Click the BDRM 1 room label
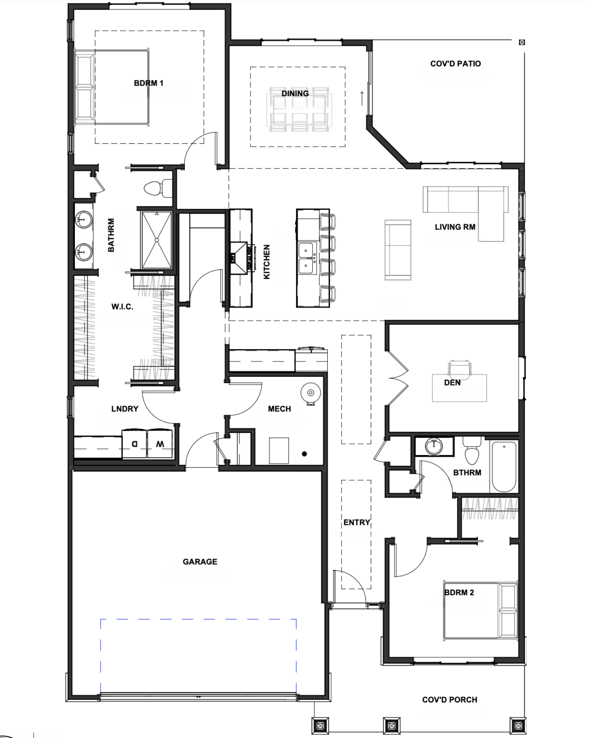pyautogui.click(x=149, y=83)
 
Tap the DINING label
pyautogui.click(x=295, y=93)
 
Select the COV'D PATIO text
pyautogui.click(x=456, y=64)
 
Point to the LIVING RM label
pyautogui.click(x=455, y=227)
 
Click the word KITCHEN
pyautogui.click(x=267, y=262)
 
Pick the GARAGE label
pyautogui.click(x=200, y=562)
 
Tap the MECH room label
pyautogui.click(x=279, y=409)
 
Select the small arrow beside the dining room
pyautogui.click(x=362, y=98)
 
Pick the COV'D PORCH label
pyautogui.click(x=450, y=700)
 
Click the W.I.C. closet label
pyautogui.click(x=122, y=307)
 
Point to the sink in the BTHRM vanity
pyautogui.click(x=434, y=446)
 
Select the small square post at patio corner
pyautogui.click(x=522, y=42)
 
